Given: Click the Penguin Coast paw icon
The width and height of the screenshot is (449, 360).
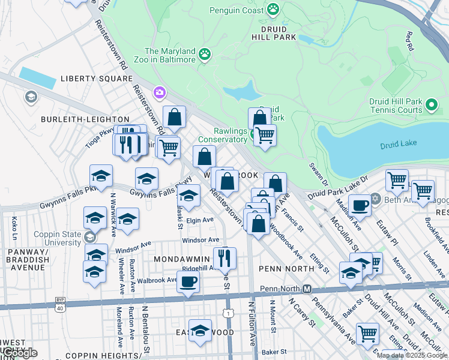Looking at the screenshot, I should tap(273, 9).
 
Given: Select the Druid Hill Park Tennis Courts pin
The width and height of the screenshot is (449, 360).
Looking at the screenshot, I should tap(431, 106).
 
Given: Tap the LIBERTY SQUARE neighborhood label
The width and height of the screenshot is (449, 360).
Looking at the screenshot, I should tap(96, 79).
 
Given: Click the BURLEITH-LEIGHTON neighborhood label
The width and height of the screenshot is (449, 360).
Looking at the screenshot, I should tap(85, 119).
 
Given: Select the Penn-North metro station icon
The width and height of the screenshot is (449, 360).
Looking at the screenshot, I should tap(307, 289).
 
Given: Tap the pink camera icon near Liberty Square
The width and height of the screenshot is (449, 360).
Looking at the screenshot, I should tap(160, 92).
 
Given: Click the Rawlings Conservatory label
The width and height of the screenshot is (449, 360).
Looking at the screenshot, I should tap(223, 136).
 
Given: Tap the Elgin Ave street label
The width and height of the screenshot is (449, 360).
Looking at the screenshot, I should tap(200, 220).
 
